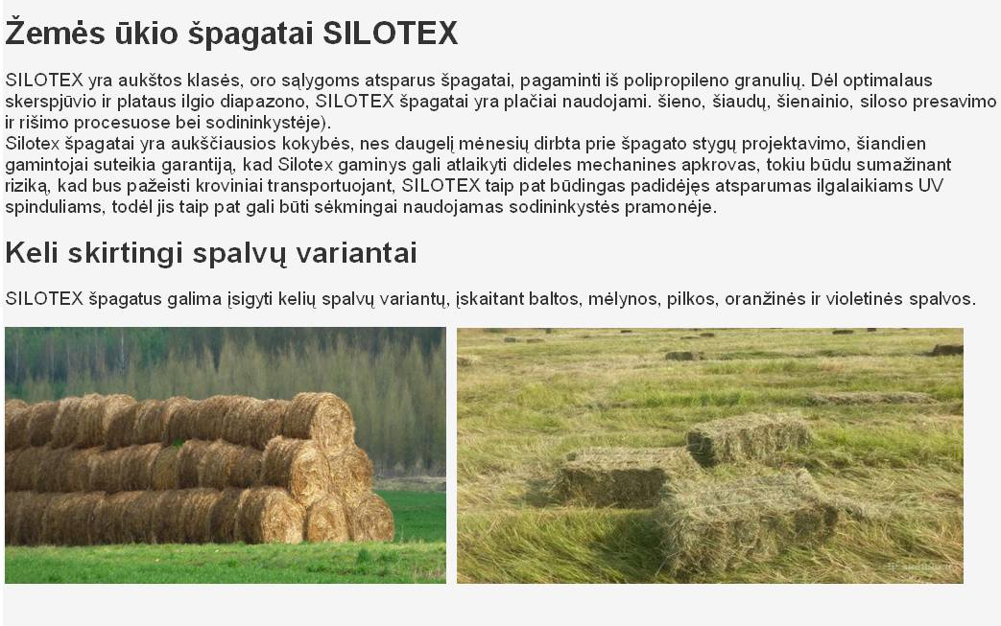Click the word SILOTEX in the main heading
point(390,34)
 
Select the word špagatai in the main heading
point(250,35)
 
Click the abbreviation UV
point(931,186)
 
